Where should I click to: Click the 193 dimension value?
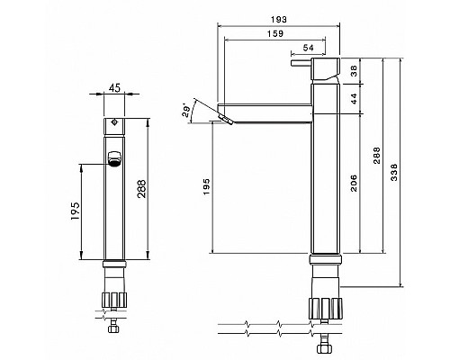click(279, 20)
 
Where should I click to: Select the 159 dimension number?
click(275, 33)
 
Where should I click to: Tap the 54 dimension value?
click(308, 48)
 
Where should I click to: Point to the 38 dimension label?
click(355, 71)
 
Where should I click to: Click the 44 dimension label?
click(355, 98)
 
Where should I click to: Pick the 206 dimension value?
click(354, 183)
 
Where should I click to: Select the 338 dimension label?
click(394, 172)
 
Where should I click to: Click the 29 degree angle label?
click(186, 111)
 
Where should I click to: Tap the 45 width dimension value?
click(114, 88)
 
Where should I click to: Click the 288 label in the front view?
click(141, 189)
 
